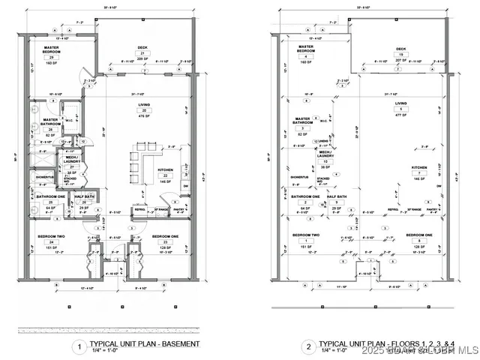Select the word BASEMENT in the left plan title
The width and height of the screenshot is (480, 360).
(182, 343)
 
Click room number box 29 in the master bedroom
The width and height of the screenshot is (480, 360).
(52, 57)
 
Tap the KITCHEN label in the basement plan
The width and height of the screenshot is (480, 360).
(166, 169)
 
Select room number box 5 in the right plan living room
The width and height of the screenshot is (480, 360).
(401, 109)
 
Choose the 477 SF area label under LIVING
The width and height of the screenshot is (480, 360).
(401, 115)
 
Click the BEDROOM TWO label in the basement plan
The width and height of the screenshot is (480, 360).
(52, 235)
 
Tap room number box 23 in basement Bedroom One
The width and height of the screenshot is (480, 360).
(166, 241)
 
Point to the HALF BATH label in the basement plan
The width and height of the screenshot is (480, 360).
(85, 196)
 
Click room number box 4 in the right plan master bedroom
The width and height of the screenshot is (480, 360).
(305, 57)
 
